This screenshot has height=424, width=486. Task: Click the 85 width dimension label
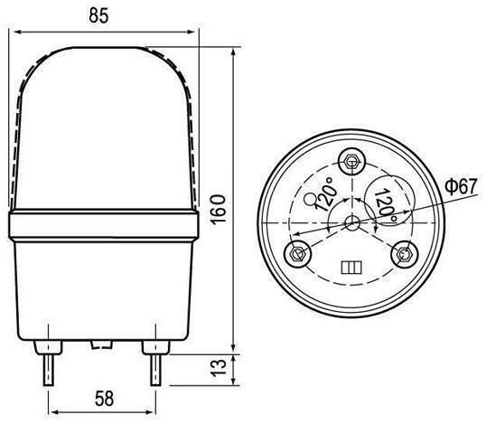tap(98, 15)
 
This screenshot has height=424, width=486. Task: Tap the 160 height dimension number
tap(219, 209)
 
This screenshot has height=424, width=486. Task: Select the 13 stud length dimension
tap(219, 368)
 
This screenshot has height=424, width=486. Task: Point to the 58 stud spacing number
tap(104, 399)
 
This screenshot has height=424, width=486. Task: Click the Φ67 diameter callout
tap(462, 186)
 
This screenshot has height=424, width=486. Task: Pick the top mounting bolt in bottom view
tap(351, 162)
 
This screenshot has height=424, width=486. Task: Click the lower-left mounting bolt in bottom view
tap(298, 253)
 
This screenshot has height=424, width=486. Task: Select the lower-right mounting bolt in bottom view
tap(405, 254)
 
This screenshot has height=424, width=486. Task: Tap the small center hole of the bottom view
tap(352, 223)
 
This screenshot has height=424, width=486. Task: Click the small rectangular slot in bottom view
tap(351, 268)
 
